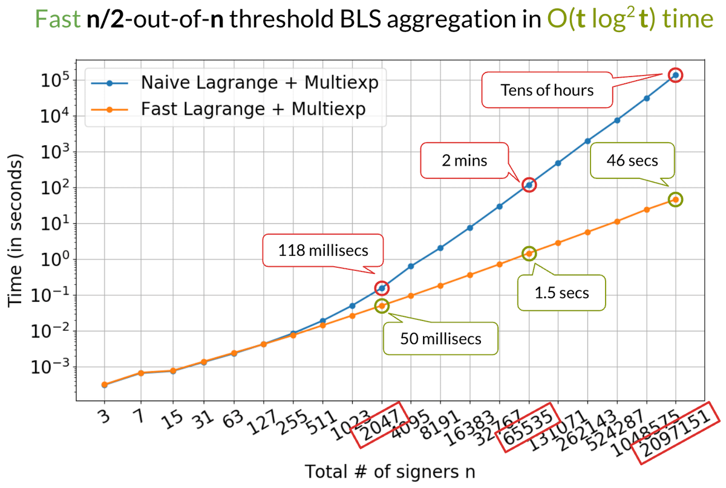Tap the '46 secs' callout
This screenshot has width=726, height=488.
[x=632, y=161]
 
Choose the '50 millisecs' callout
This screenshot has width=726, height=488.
[x=440, y=337]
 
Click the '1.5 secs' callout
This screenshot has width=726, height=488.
[x=562, y=293]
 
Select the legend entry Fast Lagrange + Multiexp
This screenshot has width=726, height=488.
[x=253, y=109]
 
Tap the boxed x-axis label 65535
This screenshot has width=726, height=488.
[x=525, y=426]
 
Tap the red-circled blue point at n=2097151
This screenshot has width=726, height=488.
[x=676, y=75]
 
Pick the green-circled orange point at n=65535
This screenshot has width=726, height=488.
[x=529, y=253]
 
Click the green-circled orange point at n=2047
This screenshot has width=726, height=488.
[x=382, y=306]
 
